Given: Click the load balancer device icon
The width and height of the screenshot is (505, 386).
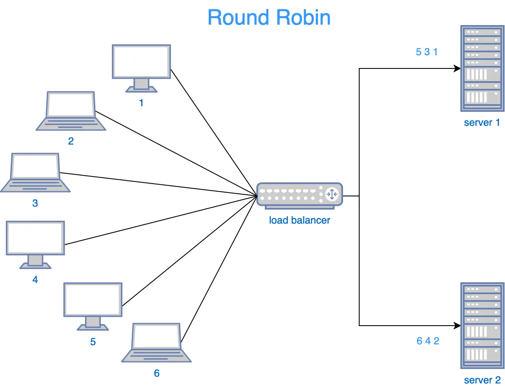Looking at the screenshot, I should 299,196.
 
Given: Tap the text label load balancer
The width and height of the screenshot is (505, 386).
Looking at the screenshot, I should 299,220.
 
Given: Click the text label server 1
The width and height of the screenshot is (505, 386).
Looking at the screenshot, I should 482,123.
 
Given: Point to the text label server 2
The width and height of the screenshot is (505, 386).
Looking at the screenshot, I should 482,380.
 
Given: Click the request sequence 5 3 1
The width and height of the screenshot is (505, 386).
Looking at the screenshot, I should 426,52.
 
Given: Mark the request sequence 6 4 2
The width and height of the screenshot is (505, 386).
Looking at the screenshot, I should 428,341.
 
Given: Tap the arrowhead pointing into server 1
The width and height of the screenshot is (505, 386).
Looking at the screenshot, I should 457,68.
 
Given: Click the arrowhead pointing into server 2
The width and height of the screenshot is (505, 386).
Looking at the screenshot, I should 457,326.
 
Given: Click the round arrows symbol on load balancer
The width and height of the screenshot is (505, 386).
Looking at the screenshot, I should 332,194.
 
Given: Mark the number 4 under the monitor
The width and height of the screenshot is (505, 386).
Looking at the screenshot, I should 35,280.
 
